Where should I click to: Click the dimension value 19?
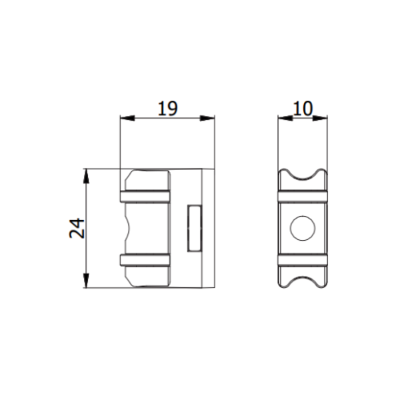click(167, 108)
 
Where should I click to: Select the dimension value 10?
click(303, 108)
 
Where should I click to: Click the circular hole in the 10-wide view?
click(303, 228)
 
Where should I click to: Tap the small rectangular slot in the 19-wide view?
click(195, 228)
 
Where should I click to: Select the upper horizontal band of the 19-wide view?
click(146, 196)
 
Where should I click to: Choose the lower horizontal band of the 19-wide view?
click(146, 260)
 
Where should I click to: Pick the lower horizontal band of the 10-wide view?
click(303, 260)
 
